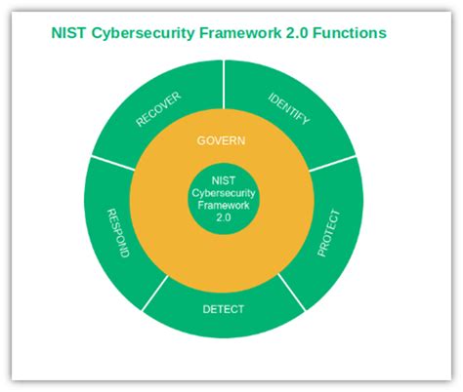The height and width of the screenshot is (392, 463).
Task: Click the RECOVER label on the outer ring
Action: (x=157, y=108)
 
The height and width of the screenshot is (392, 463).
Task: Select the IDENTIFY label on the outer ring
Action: (x=289, y=108)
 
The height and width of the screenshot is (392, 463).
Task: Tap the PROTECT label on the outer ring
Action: (x=329, y=233)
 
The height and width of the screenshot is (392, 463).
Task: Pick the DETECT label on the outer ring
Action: (x=223, y=310)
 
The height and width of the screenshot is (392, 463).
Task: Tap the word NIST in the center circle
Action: (x=223, y=179)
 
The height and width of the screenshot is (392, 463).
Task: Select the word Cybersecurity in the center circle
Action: (x=223, y=192)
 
